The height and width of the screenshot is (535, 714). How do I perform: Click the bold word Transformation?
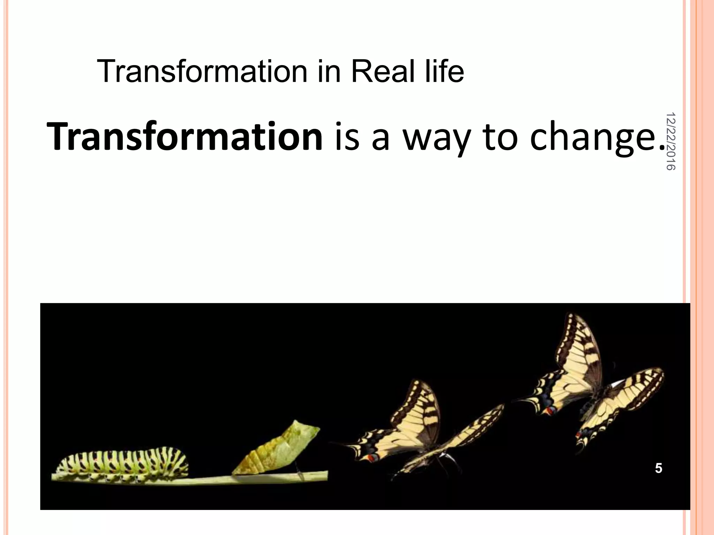click(x=185, y=137)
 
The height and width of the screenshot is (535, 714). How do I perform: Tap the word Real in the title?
click(x=383, y=71)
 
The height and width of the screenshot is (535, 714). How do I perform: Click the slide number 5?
click(x=658, y=468)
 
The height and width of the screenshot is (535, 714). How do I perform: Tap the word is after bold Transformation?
click(x=347, y=137)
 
